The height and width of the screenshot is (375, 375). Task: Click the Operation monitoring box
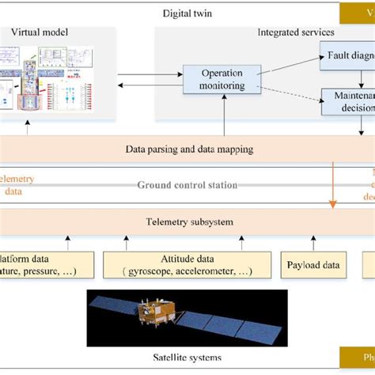click(x=213, y=79)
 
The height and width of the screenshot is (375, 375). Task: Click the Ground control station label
click(x=187, y=185)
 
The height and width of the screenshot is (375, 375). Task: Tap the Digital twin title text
click(x=187, y=13)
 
